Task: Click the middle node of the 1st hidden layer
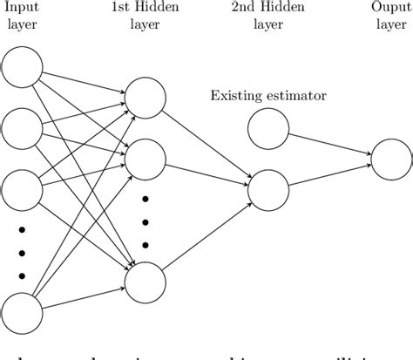coord(146,159)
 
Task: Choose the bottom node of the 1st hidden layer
coord(146,281)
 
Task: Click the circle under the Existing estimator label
coord(268,129)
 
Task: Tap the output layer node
coord(391,159)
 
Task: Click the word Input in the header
coord(22,10)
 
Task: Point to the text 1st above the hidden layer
coord(123,10)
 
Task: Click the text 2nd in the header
coord(246,10)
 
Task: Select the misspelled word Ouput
coord(392,10)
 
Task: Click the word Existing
coord(237,94)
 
